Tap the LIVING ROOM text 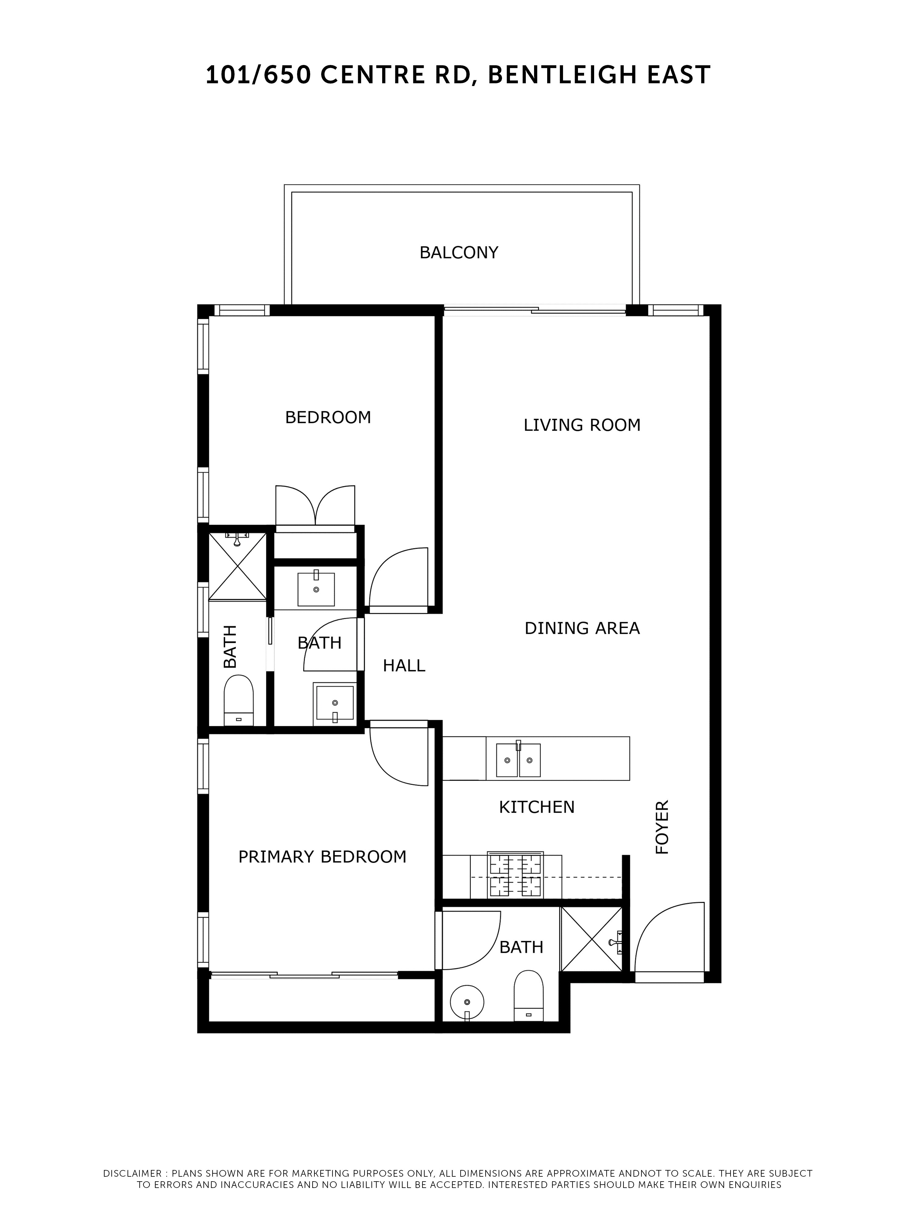tap(582, 425)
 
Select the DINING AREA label tap(582, 628)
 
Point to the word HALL tap(404, 666)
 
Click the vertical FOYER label tap(662, 827)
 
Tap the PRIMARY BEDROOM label tap(322, 856)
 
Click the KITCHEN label tap(536, 807)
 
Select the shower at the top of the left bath tap(237, 565)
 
